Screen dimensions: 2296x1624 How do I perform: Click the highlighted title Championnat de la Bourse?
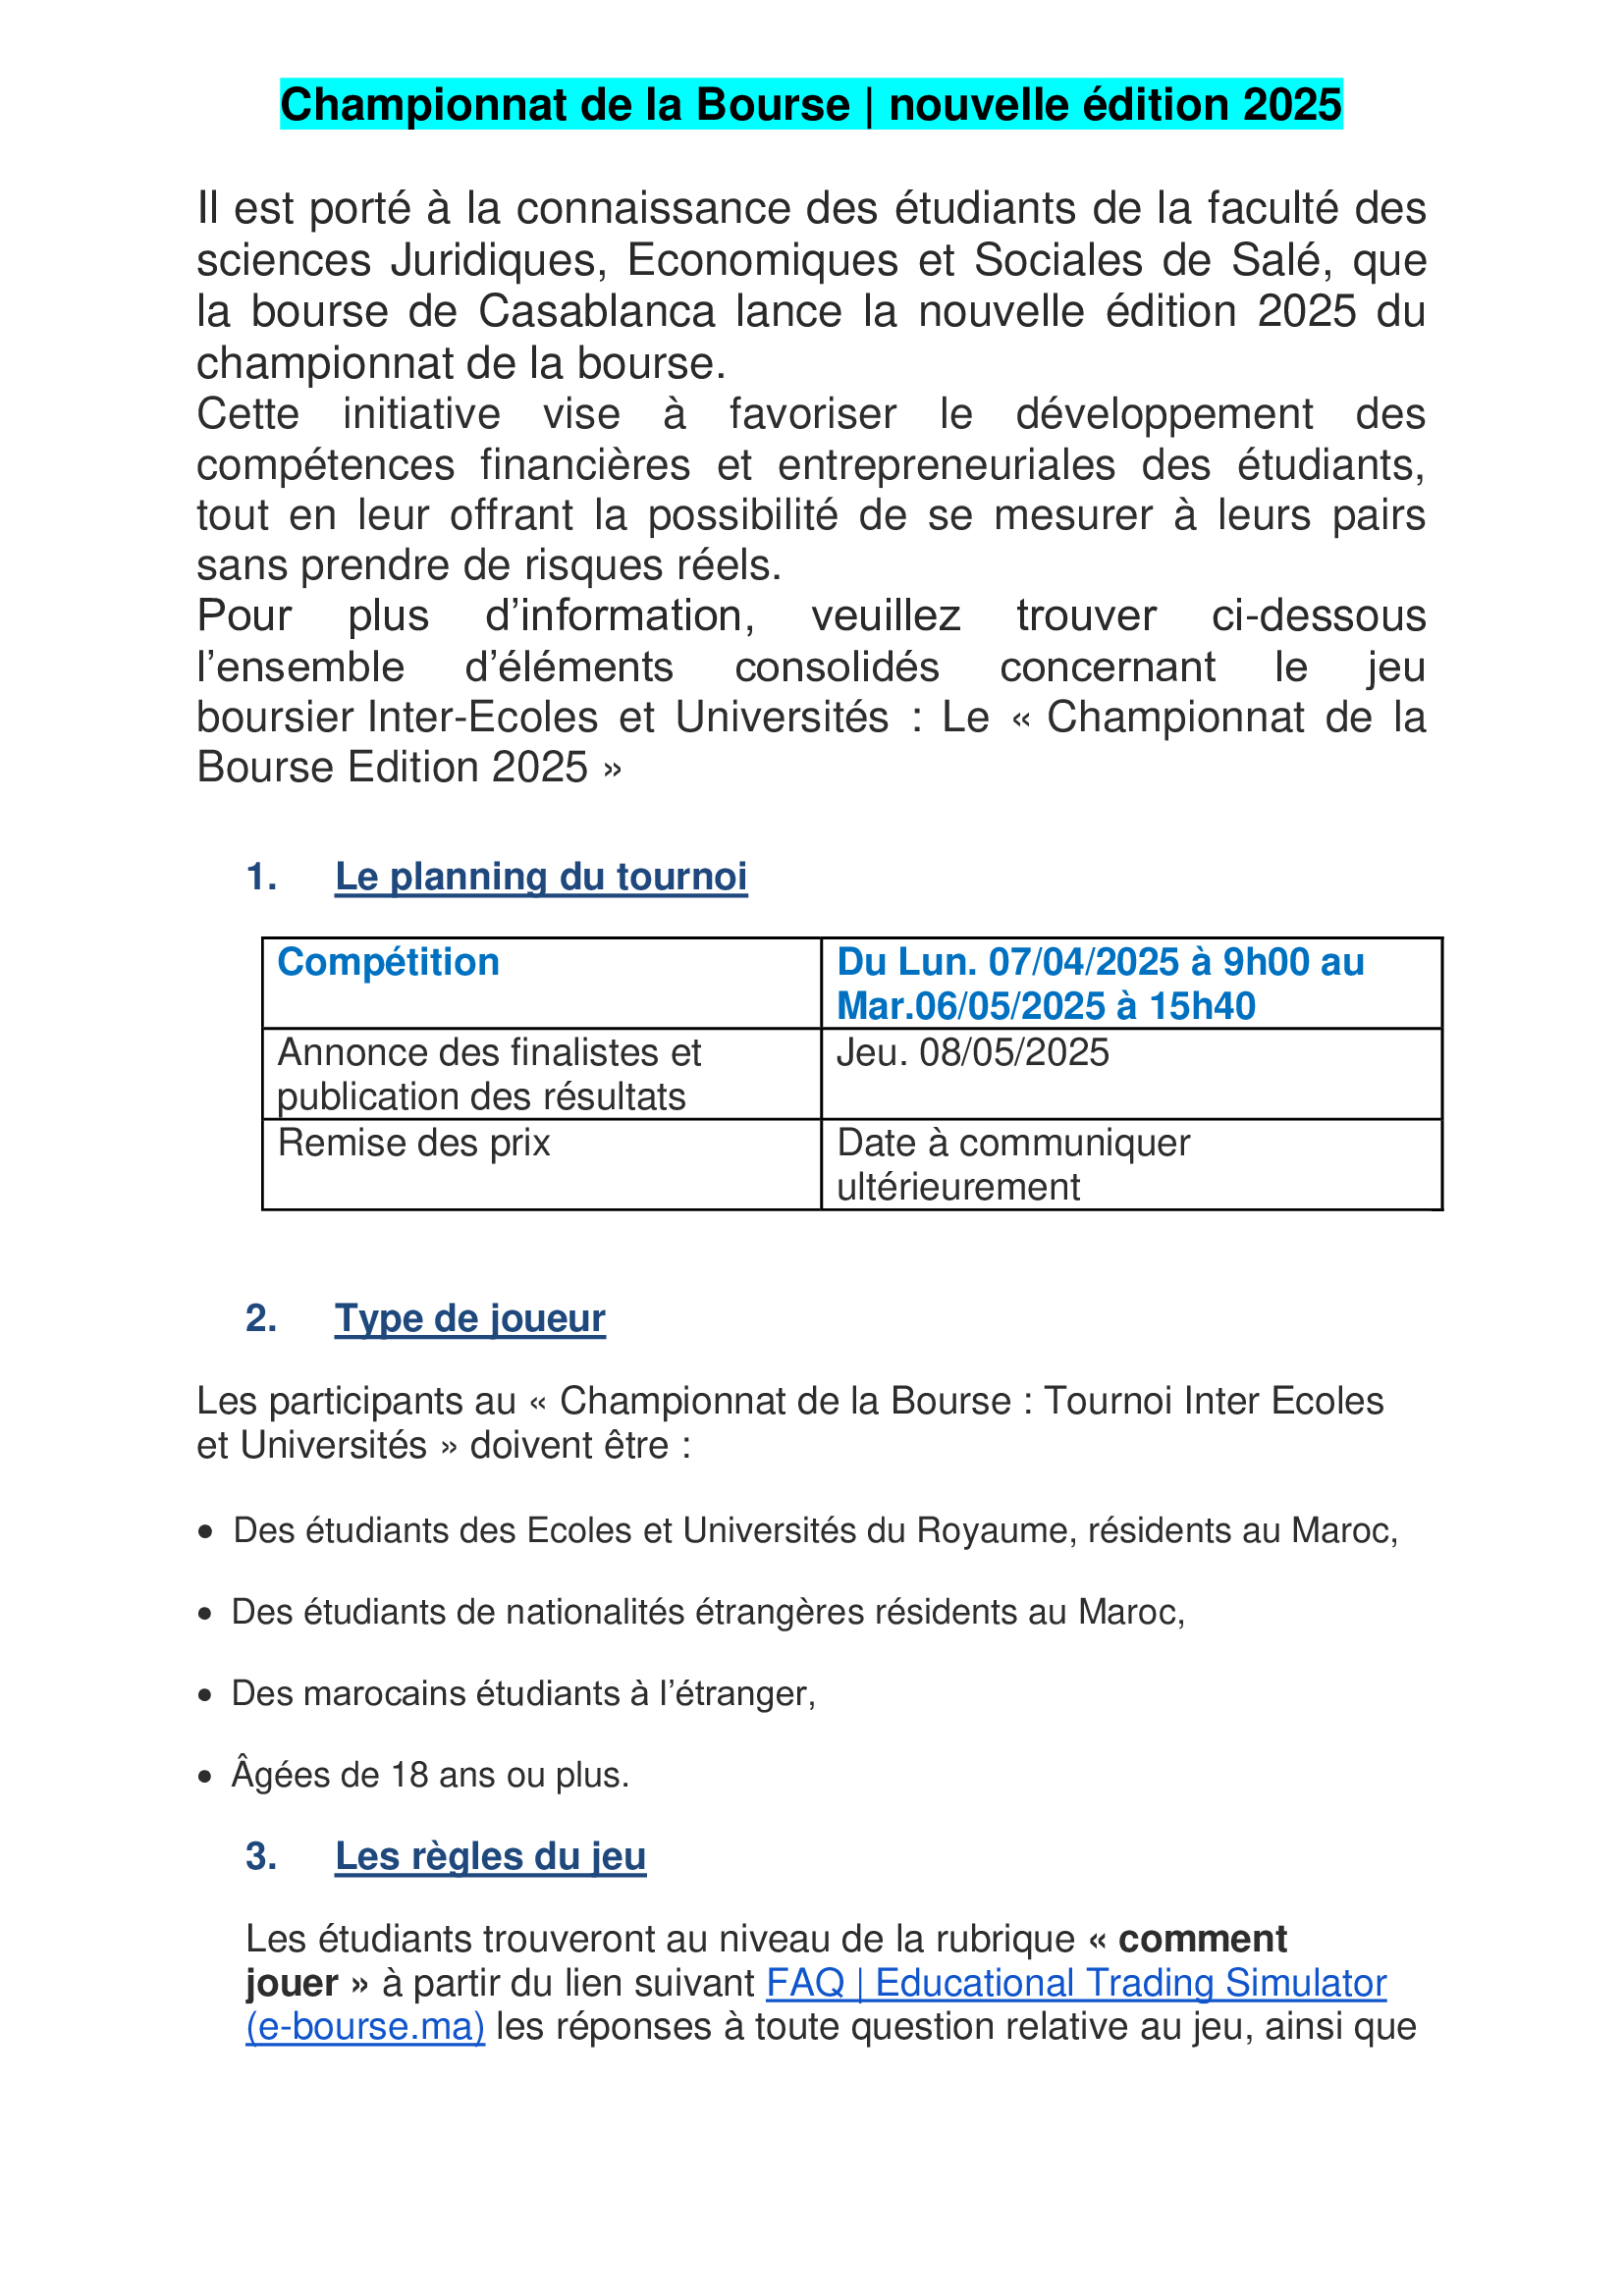810,105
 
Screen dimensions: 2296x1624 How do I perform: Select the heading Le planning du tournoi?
541,877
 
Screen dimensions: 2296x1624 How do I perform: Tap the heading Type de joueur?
470,1318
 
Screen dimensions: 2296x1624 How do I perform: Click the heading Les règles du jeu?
490,1856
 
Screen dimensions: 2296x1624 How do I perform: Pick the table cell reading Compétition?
388,962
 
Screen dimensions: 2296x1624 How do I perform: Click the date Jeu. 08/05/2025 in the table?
973,1052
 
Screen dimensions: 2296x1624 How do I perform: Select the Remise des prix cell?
414,1143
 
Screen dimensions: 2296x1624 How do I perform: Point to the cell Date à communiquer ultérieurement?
1013,1164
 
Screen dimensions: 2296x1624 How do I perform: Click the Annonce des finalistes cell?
489,1074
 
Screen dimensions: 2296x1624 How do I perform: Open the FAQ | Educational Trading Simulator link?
1076,1983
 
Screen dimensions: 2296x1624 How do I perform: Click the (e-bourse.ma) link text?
365,2027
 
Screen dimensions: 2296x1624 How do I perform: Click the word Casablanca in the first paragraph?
596,312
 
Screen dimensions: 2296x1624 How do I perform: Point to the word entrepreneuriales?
946,465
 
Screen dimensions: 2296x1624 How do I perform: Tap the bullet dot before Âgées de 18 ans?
205,1776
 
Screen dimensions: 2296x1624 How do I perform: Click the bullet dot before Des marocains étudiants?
205,1695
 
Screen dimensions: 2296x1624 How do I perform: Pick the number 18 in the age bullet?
410,1775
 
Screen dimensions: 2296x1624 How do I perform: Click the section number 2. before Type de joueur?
261,1318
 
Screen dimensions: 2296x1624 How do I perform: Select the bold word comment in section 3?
1202,1939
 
